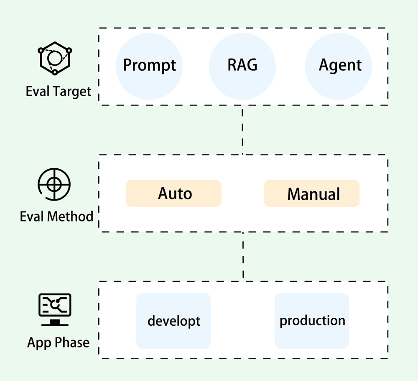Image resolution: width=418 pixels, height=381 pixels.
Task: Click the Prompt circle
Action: click(149, 65)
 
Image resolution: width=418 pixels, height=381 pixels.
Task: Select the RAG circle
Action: click(242, 65)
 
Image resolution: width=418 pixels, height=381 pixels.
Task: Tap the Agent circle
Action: click(340, 65)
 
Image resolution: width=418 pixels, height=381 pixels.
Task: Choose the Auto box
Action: click(173, 193)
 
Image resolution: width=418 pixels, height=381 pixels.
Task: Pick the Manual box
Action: click(312, 193)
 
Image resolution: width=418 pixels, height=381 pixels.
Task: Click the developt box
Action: click(173, 321)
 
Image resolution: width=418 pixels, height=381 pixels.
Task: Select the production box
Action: click(312, 321)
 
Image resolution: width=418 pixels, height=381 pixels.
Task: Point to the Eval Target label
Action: click(59, 91)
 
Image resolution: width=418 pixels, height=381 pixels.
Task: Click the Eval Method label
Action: click(56, 216)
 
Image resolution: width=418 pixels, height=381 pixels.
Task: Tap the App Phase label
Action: click(59, 342)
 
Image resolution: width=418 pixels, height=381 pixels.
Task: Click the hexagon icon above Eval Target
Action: click(55, 58)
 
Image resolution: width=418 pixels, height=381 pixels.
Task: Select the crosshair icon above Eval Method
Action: click(54, 184)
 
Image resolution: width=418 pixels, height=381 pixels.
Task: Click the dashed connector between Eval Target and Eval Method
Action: click(242, 130)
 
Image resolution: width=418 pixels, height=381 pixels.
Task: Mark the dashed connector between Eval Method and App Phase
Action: click(243, 256)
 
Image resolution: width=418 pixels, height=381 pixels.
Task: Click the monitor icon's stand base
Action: click(55, 323)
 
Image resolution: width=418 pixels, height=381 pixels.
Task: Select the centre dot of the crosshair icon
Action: click(54, 184)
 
